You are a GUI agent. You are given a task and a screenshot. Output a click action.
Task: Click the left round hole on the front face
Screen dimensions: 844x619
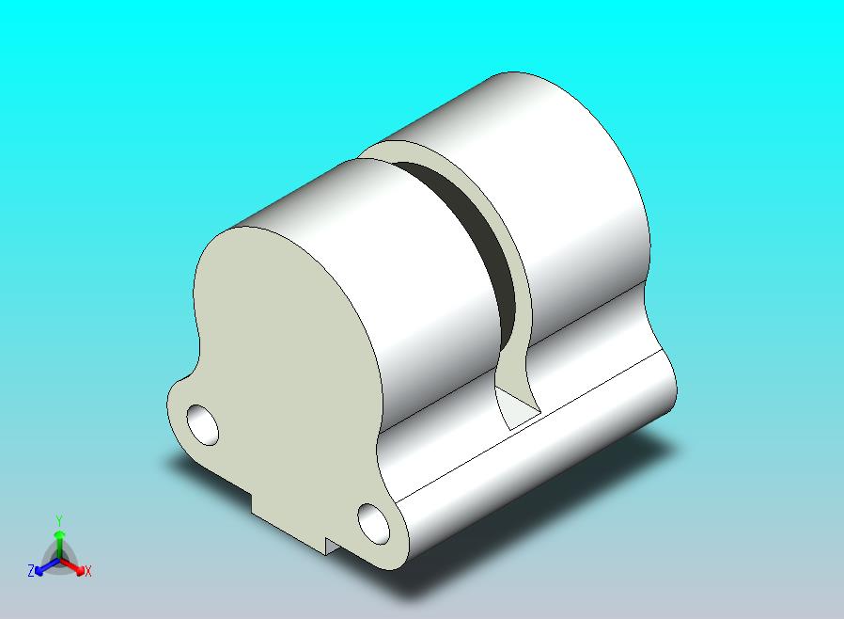click(x=202, y=424)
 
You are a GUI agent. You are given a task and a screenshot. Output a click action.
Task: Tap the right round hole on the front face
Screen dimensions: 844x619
click(x=373, y=524)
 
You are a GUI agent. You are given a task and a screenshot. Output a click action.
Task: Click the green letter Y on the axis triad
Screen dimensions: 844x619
click(x=59, y=520)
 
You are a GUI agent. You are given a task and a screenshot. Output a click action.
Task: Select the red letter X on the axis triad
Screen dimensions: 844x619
click(x=88, y=572)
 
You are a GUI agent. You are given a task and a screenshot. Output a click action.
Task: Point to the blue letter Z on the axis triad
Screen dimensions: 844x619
click(x=31, y=570)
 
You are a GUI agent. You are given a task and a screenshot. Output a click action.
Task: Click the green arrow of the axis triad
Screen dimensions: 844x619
click(x=59, y=544)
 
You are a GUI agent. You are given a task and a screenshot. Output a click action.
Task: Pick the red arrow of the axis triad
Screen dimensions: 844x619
click(x=73, y=566)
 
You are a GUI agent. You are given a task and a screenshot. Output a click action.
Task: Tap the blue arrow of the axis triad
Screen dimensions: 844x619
click(x=47, y=566)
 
